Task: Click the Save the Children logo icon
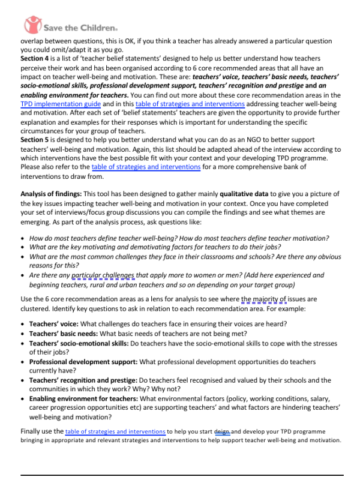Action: (34, 24)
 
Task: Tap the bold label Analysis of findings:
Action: (51, 194)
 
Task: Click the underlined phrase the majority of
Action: (264, 298)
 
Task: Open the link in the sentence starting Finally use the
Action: (115, 431)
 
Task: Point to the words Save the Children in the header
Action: (82, 25)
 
